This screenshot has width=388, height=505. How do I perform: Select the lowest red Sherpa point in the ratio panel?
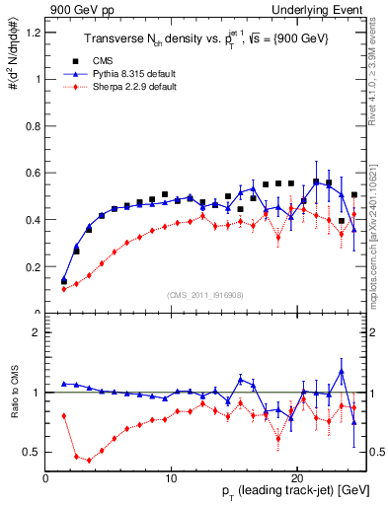pyautogui.click(x=90, y=460)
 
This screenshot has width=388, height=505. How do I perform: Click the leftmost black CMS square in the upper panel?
pyautogui.click(x=64, y=281)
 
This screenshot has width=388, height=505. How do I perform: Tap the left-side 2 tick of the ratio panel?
pyautogui.click(x=37, y=332)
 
